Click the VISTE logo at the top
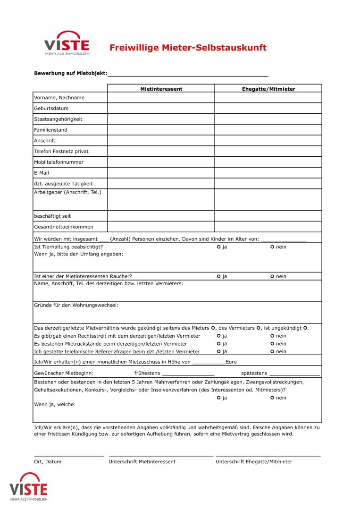(67, 43)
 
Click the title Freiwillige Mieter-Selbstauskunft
(188, 48)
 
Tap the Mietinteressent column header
(161, 89)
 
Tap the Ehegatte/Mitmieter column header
(268, 89)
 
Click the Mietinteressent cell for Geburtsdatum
(161, 109)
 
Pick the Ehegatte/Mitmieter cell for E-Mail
(268, 173)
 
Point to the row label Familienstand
(50, 130)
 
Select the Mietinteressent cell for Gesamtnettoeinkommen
(161, 227)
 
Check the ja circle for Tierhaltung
(219, 247)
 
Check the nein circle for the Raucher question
(273, 276)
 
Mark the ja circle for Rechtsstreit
(219, 336)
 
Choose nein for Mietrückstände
(273, 344)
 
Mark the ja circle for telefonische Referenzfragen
(219, 351)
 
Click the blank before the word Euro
(209, 363)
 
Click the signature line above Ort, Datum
(69, 455)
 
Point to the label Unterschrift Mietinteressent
(142, 462)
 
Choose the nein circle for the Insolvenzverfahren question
(273, 398)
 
